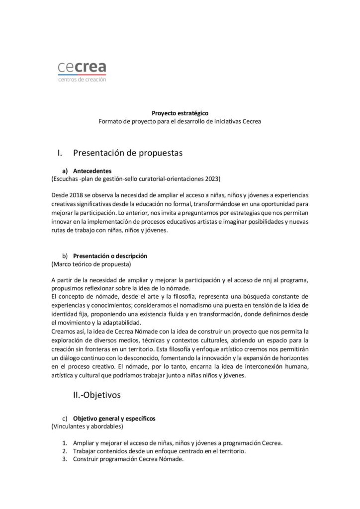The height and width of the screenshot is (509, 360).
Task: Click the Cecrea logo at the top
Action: pos(82,68)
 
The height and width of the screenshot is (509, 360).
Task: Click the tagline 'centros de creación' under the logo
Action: pos(82,79)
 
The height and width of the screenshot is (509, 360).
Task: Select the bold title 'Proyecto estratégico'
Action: pos(180,113)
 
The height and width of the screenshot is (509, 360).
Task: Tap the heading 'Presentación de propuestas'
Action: pos(128,153)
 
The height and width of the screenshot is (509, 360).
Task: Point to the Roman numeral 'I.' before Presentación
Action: pos(61,153)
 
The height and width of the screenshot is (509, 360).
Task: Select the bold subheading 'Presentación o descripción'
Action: pos(110,255)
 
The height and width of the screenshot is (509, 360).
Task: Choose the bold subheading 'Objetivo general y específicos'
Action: pos(114,419)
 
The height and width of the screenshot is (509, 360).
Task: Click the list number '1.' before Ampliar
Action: pos(65,443)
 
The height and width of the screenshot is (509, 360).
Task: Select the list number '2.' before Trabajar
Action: pos(65,451)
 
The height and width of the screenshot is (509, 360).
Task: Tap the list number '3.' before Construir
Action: pos(65,459)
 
